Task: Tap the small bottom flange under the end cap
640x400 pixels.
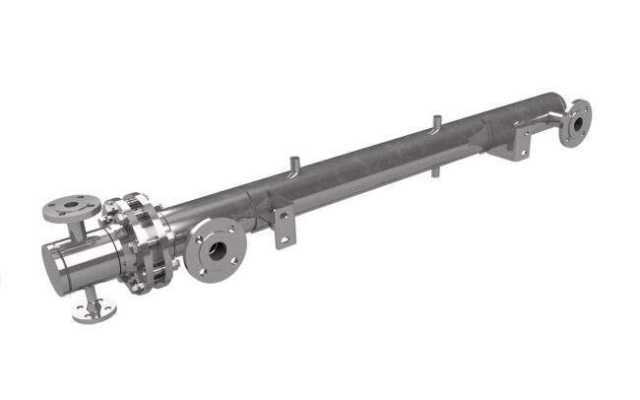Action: coord(93,311)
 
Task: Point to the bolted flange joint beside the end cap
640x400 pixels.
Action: coord(142,241)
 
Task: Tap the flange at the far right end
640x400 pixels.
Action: coord(575,122)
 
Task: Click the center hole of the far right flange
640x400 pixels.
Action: coord(576,123)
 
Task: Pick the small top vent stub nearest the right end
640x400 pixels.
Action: coord(433,124)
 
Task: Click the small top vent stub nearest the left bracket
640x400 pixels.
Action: coord(292,162)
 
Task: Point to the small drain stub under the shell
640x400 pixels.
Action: coord(434,170)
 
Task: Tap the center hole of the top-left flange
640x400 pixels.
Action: coord(70,206)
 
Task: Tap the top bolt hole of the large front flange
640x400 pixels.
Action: coord(219,228)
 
